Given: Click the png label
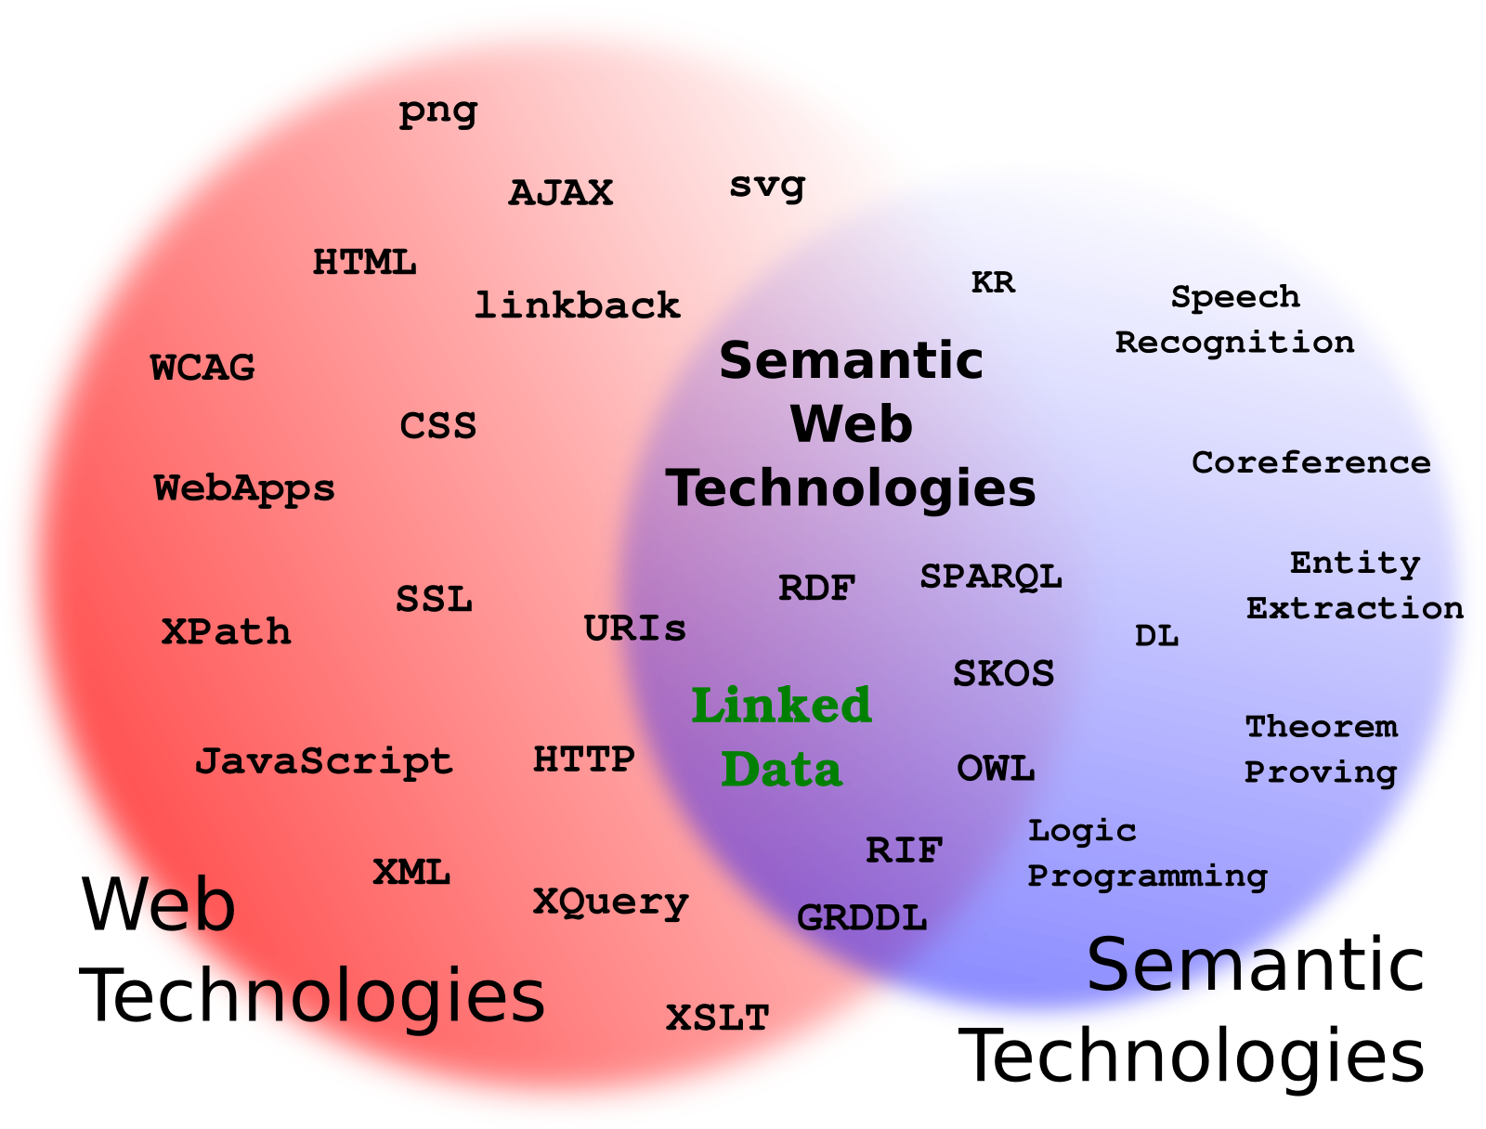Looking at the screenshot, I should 437,111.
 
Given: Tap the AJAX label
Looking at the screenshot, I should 561,193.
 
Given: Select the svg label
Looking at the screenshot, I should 767,186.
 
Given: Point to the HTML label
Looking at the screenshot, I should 364,263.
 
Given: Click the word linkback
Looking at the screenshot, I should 577,305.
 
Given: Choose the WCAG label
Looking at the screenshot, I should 202,369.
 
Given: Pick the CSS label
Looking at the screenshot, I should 437,427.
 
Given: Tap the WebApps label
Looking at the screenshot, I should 244,489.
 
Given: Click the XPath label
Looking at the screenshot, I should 226,632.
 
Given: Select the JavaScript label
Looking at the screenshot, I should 323,762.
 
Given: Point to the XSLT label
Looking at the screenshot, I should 717,1019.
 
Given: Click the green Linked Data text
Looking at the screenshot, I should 781,737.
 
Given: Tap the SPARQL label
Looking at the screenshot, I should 990,577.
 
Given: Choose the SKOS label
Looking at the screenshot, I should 1003,674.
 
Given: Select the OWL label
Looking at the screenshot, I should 996,769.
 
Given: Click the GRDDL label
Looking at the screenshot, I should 862,918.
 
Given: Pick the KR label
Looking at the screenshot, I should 993,282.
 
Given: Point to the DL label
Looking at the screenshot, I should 1156,637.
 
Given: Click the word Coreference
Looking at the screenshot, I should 1310,462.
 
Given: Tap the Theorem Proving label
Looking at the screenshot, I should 1321,749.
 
